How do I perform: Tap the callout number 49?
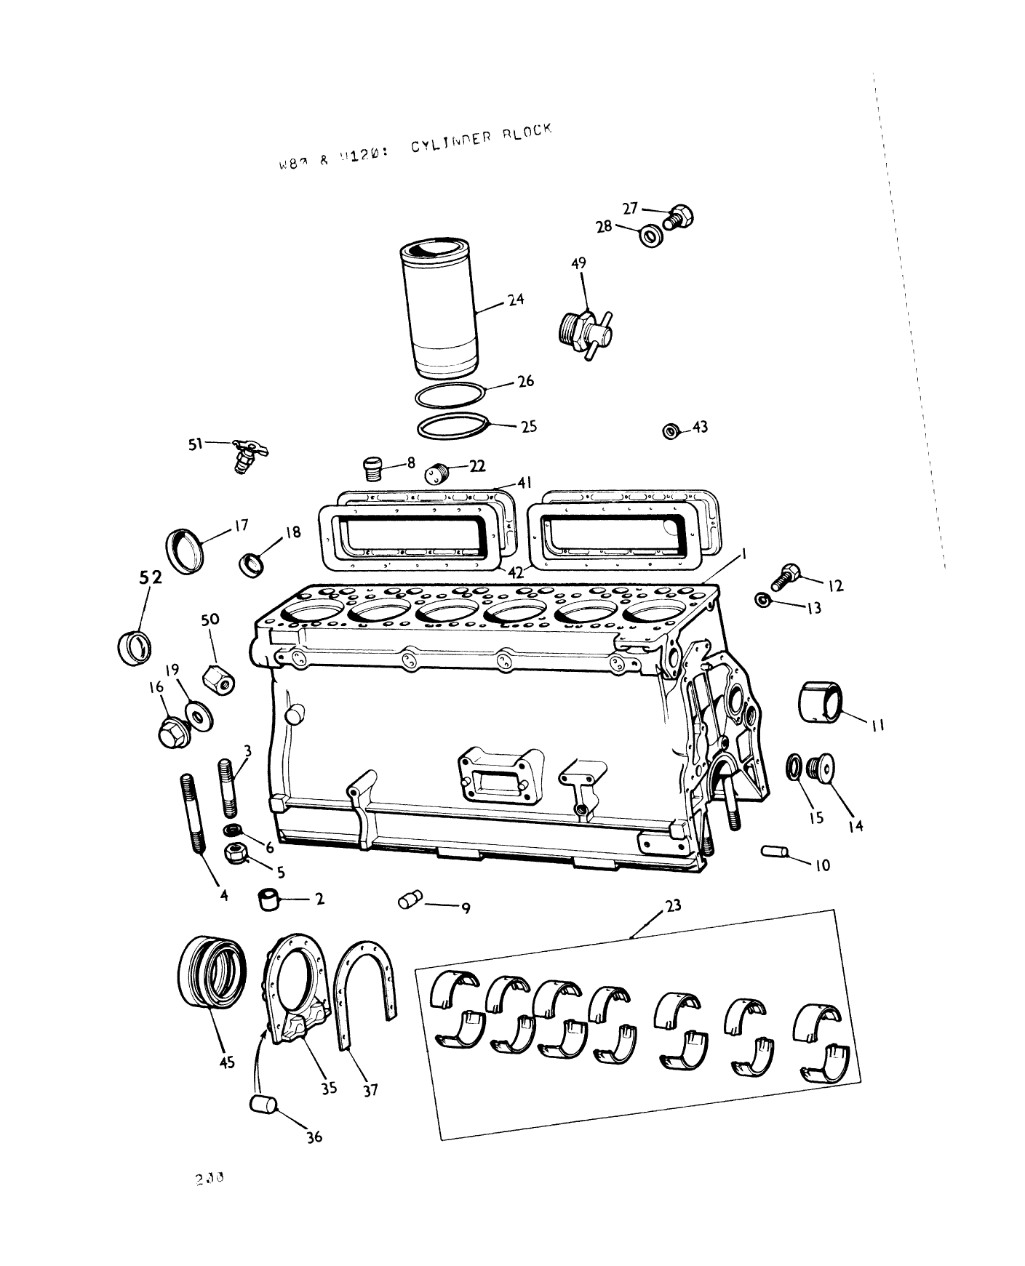click(x=578, y=263)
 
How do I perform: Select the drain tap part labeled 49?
click(x=586, y=334)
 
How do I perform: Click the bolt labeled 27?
click(x=679, y=216)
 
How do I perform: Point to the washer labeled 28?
click(x=651, y=236)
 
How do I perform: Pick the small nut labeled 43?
click(x=671, y=431)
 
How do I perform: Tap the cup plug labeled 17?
click(x=184, y=550)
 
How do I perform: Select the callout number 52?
click(x=151, y=577)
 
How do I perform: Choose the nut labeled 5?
click(x=236, y=854)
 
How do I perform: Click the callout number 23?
click(x=673, y=905)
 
